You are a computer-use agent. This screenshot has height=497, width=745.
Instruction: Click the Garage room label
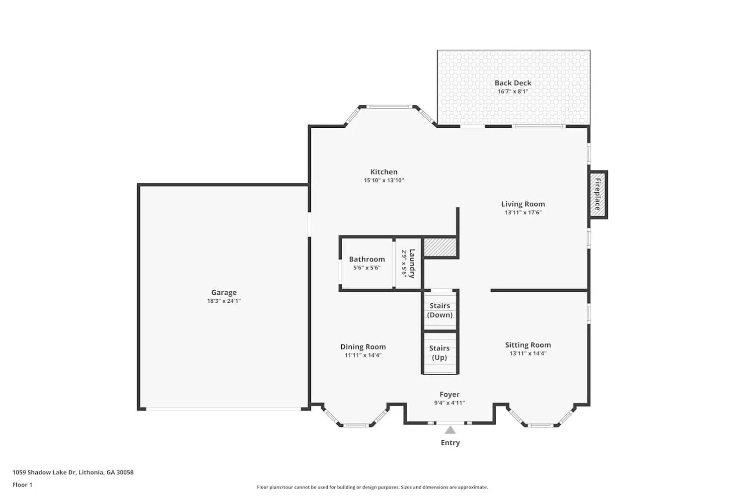tap(224, 293)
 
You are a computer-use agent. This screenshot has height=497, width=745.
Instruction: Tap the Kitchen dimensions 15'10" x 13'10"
tap(384, 180)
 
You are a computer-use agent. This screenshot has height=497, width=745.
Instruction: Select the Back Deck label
tap(513, 83)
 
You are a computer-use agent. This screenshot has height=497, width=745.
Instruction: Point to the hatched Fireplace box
tap(598, 194)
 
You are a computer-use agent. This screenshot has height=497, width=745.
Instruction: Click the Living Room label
tap(523, 204)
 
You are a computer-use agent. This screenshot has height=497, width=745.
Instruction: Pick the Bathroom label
tap(367, 259)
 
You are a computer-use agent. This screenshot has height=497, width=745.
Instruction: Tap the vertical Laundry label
tap(412, 263)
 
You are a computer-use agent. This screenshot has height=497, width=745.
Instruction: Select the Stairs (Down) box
tap(440, 311)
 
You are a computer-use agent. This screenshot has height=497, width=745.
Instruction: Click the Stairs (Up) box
tap(440, 353)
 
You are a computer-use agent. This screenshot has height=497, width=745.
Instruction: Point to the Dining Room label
tap(363, 347)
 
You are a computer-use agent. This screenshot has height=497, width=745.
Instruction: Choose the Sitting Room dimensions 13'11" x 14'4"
tap(528, 353)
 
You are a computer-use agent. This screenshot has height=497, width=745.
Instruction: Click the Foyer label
tap(449, 395)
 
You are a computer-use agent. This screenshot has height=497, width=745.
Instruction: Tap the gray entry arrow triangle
tap(450, 430)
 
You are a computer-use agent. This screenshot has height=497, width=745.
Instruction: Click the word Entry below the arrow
tap(450, 443)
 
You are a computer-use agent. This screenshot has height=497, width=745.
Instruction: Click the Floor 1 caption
tap(22, 485)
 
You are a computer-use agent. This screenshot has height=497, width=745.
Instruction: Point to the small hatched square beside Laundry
tap(440, 248)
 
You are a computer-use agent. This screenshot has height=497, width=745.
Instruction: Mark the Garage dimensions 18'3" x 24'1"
tap(224, 301)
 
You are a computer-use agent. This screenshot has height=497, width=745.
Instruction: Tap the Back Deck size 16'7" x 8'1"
tap(513, 91)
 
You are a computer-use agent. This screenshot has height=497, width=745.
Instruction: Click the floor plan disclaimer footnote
tap(372, 488)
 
